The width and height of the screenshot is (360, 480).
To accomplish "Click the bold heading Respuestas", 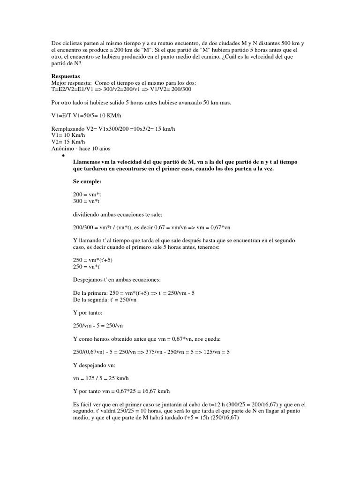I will pos(66,76).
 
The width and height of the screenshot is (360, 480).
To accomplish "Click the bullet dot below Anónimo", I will pos(62,155).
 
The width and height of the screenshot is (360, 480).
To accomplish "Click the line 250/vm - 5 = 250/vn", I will pos(98,325).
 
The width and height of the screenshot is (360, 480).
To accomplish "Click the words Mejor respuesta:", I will pos(68,82).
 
